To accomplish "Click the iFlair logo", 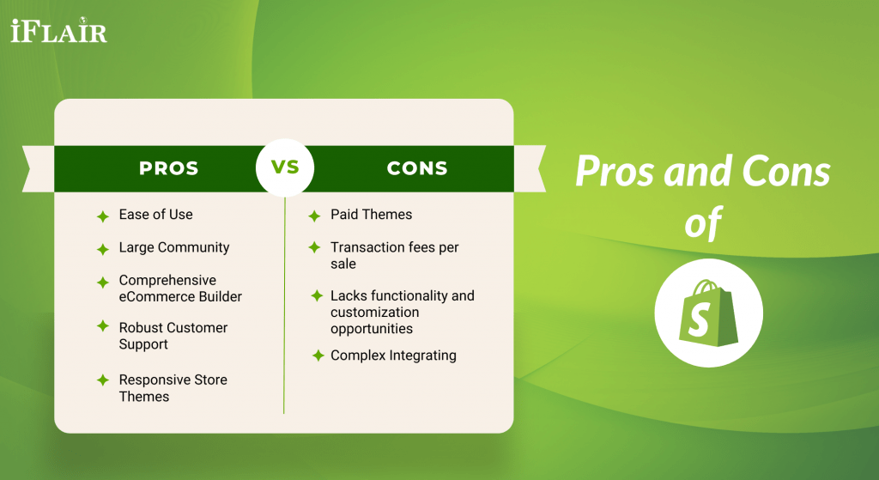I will coord(58,32).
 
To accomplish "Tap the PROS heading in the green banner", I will coord(169,168).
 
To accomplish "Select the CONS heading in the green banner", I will coord(417,168).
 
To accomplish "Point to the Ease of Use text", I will coord(155,215).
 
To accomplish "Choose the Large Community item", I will coord(174,247).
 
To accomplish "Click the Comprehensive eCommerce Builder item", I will coord(180,289).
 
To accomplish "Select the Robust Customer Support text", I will coord(173,336).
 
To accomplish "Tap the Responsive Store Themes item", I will coord(173,388).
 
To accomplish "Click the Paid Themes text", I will coord(371,215).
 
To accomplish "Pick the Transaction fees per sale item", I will coord(394,256).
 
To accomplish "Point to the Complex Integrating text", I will coord(393,355).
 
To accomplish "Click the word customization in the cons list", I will coord(374,312).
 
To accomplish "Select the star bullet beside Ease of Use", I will coord(102,216).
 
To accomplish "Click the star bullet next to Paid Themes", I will coord(314,216).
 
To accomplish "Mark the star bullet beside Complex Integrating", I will coord(318,355).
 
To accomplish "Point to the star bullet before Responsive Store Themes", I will coord(102,380).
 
